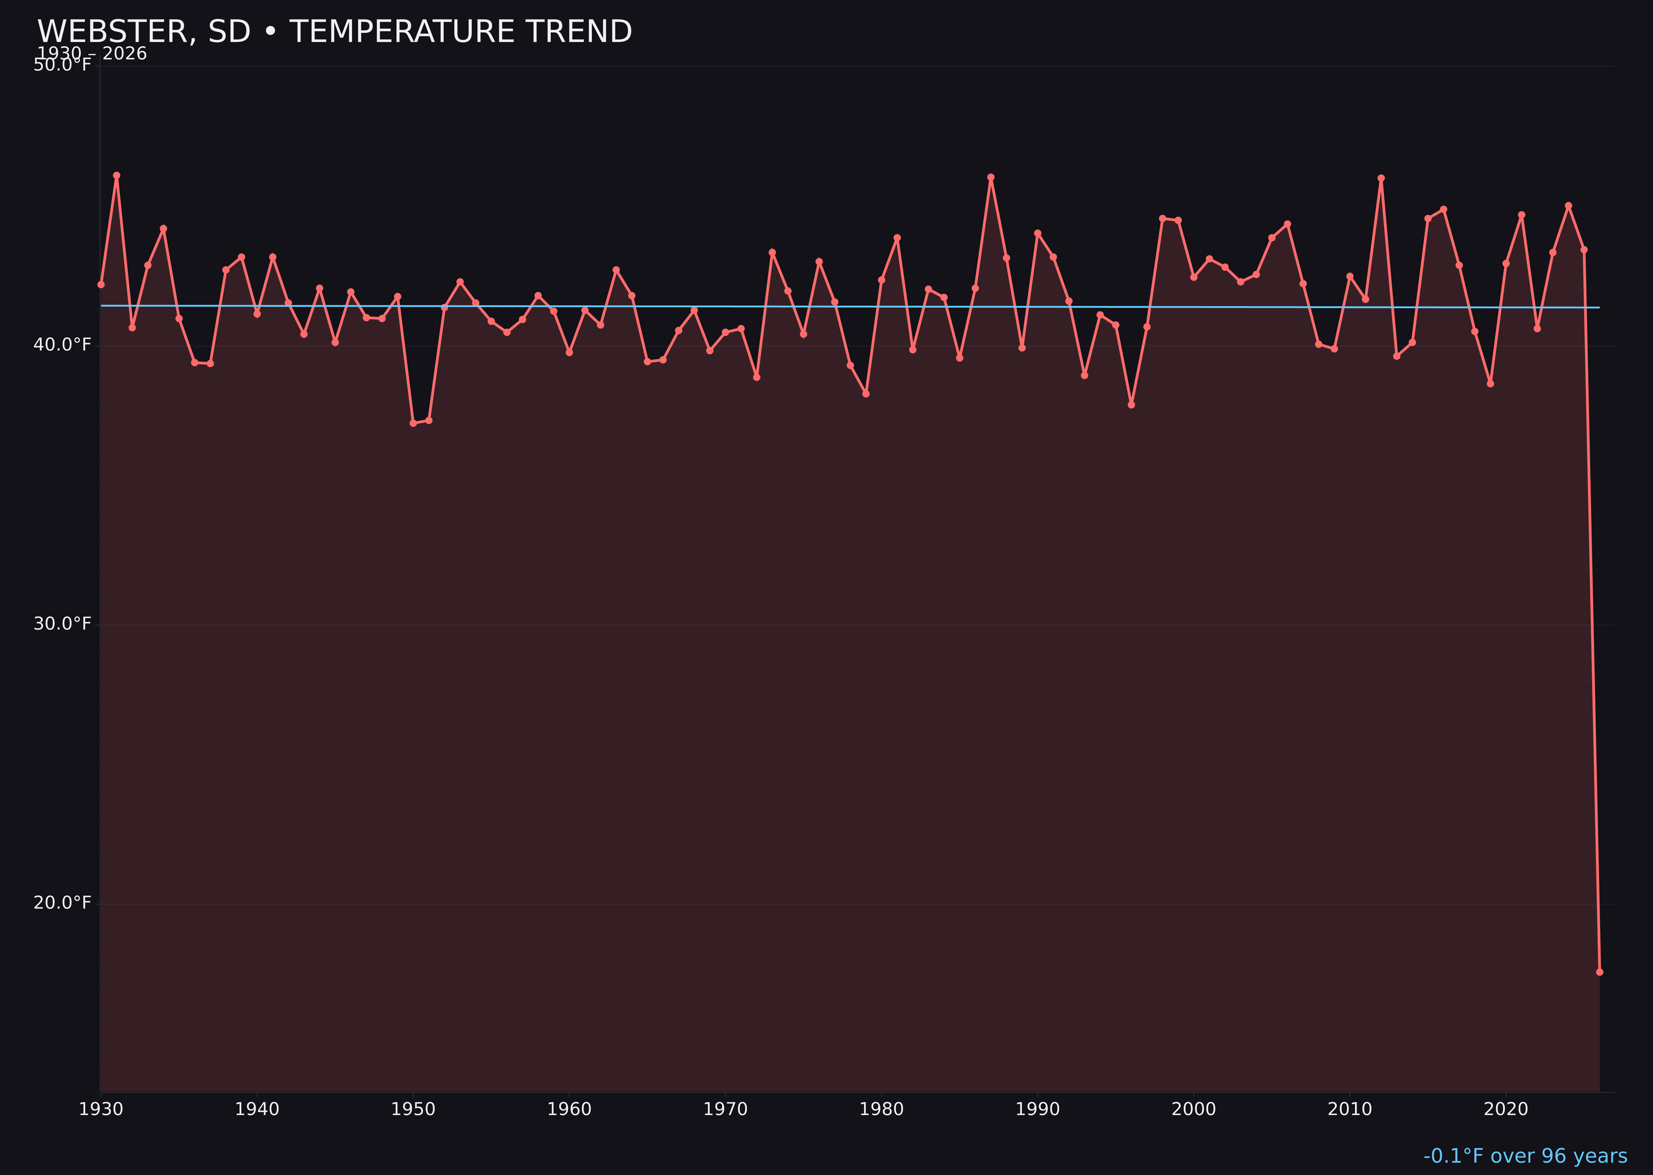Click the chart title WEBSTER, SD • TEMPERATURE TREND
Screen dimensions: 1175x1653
pyautogui.click(x=334, y=32)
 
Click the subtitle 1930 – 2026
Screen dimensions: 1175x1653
pyautogui.click(x=92, y=54)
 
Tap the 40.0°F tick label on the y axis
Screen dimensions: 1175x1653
pyautogui.click(x=62, y=345)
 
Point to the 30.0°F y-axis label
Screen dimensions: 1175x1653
pyautogui.click(x=62, y=624)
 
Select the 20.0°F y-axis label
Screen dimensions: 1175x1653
pyautogui.click(x=62, y=904)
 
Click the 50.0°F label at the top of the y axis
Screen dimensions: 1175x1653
pyautogui.click(x=62, y=66)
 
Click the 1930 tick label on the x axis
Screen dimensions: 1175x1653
pyautogui.click(x=100, y=1110)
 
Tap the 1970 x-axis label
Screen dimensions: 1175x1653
pyautogui.click(x=725, y=1110)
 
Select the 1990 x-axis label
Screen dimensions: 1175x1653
pyautogui.click(x=1037, y=1110)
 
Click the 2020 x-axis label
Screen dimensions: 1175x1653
pyautogui.click(x=1506, y=1110)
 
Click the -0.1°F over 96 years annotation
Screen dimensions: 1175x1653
pyautogui.click(x=1525, y=1156)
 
